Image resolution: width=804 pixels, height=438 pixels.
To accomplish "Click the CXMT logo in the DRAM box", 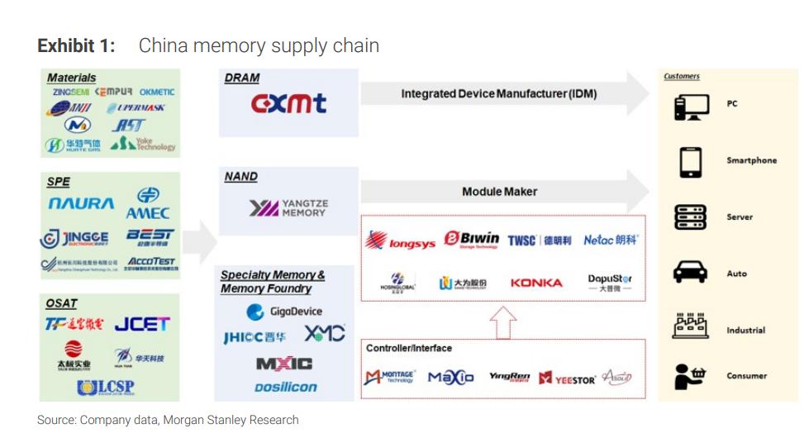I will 288,103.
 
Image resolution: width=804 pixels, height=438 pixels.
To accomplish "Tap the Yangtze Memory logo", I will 288,207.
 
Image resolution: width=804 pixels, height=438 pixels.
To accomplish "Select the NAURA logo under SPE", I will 81,203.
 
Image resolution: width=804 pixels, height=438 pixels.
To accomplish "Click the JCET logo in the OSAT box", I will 141,324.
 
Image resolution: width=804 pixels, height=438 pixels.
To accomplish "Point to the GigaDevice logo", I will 284,312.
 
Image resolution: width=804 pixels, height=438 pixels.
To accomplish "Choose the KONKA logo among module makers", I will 536,283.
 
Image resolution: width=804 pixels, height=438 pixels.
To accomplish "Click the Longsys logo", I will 401,241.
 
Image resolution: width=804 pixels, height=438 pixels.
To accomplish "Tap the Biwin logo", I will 472,240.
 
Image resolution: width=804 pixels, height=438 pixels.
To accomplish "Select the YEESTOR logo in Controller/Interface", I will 567,378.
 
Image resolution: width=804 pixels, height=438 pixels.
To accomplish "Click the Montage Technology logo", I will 389,378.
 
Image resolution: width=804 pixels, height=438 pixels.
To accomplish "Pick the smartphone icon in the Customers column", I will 690,161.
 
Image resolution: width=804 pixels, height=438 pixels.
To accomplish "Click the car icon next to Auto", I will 690,273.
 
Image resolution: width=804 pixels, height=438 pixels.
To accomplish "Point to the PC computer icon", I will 690,105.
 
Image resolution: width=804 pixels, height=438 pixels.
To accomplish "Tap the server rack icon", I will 690,217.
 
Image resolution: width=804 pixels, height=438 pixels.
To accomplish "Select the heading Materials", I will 71,78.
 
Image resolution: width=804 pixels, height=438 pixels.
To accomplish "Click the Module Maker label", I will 499,192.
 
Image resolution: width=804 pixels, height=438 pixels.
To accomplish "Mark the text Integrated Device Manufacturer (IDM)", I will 498,94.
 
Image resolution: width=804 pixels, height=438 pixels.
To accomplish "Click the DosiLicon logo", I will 286,387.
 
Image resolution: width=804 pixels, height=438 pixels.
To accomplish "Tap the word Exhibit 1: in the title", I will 76,45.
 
